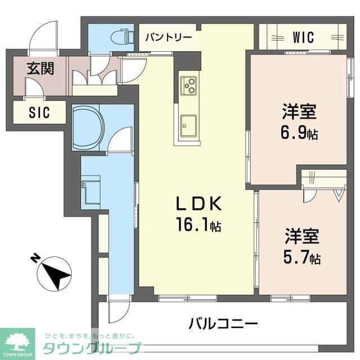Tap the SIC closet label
tap(39, 112)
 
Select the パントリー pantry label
tap(169, 38)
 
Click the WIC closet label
tap(303, 38)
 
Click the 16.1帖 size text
tap(199, 226)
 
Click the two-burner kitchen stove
tap(188, 86)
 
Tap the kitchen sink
tap(187, 124)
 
